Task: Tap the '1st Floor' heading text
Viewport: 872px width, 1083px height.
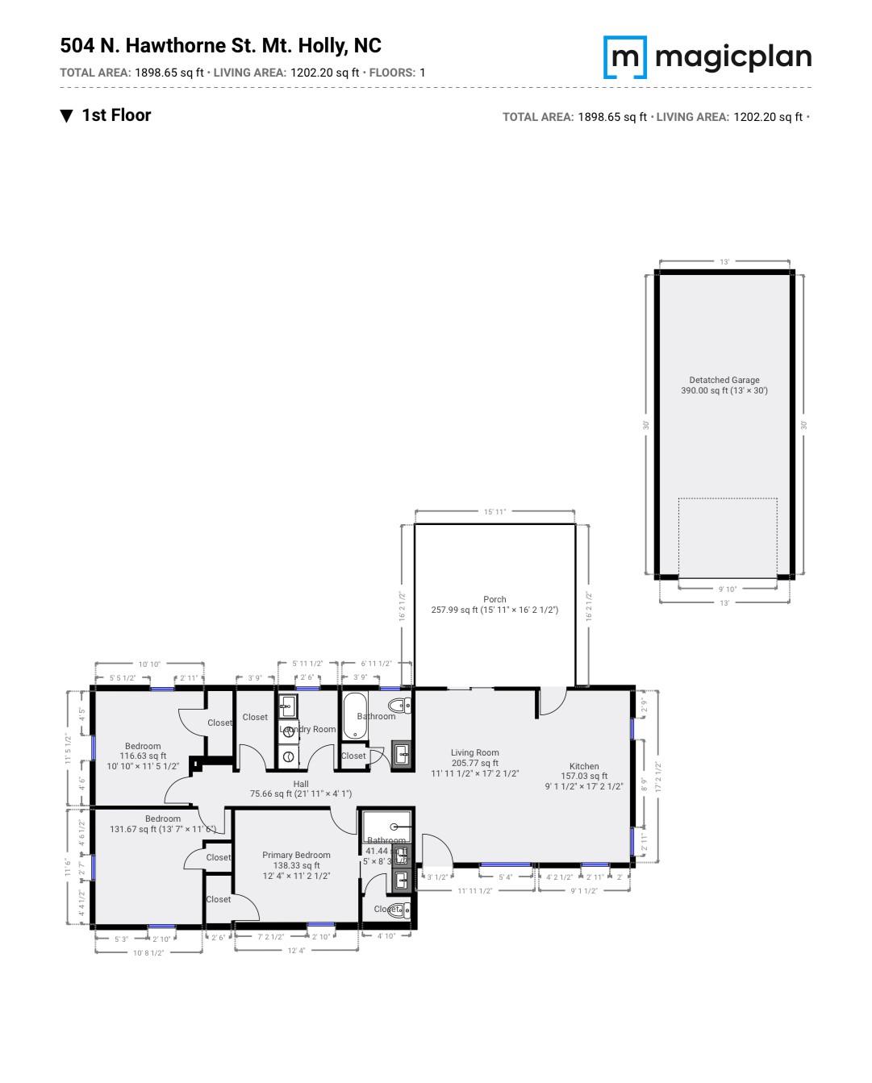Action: point(116,115)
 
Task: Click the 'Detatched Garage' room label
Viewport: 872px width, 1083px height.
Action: point(724,380)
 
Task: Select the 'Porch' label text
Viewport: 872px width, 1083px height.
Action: point(494,599)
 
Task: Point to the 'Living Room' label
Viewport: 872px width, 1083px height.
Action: point(474,752)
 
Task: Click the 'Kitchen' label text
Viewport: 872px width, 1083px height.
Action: point(584,766)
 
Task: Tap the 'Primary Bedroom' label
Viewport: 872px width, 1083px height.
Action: point(296,855)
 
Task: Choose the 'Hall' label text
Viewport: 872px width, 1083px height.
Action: point(301,783)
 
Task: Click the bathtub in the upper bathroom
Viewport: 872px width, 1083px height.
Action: point(353,715)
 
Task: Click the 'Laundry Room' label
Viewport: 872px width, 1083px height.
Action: point(307,729)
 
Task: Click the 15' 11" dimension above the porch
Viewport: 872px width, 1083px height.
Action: point(494,511)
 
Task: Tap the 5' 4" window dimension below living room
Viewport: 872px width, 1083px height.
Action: point(506,877)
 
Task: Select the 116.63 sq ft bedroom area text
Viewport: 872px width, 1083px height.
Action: point(143,756)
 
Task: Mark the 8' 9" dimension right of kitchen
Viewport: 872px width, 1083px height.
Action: point(643,783)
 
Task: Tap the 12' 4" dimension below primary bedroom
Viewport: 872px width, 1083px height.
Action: point(296,951)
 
